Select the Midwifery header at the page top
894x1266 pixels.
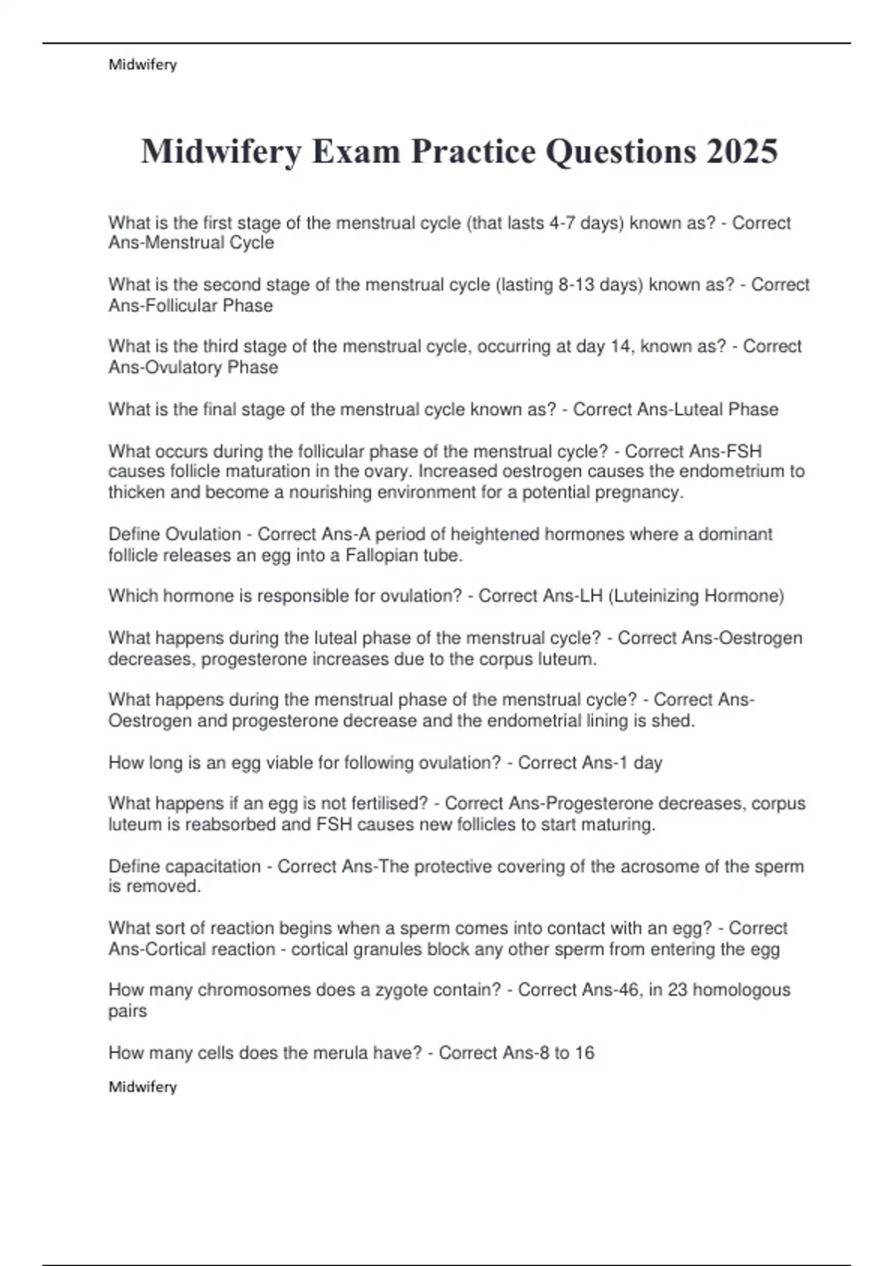[x=142, y=65]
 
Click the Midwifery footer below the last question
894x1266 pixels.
[x=142, y=1087]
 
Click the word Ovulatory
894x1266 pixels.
[x=174, y=367]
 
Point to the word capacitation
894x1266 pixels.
[x=212, y=866]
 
